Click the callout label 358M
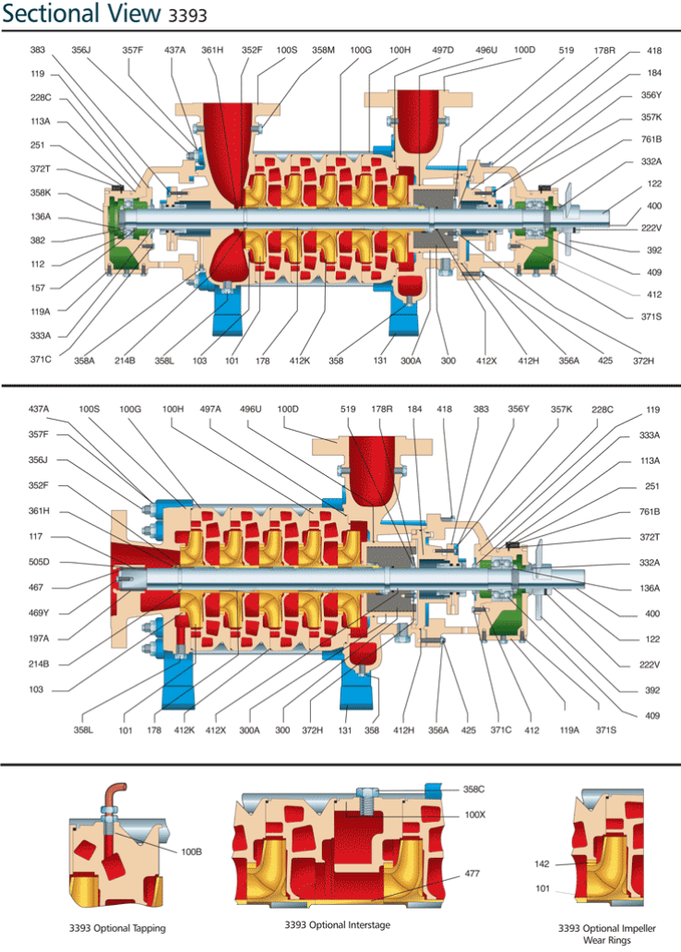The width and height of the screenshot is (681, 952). coord(323,50)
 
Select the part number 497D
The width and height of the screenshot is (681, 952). coord(442,50)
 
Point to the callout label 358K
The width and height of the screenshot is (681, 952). coord(40,194)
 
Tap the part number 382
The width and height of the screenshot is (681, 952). coord(38,240)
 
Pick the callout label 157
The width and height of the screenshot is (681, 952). coord(38,287)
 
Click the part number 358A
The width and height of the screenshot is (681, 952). coord(85,360)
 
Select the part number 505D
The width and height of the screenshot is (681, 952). coord(40,561)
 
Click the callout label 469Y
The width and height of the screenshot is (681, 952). coord(40,613)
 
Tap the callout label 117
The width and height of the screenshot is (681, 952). coord(38,536)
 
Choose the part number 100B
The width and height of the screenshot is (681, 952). coord(192,851)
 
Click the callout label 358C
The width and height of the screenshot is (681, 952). coord(474,790)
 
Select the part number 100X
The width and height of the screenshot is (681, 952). coord(474,815)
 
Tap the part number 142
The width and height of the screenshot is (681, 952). coord(543,864)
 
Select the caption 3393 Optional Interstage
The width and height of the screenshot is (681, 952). coord(338,924)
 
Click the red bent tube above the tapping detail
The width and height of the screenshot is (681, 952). coord(108,792)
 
